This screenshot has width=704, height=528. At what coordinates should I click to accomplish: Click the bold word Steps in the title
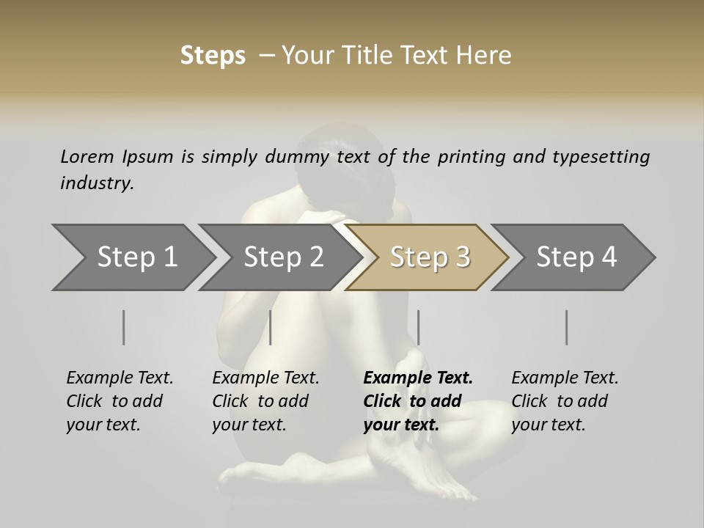click(x=213, y=56)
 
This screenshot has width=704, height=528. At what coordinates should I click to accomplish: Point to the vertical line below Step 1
click(x=124, y=327)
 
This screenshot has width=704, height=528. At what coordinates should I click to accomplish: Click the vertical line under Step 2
click(x=271, y=327)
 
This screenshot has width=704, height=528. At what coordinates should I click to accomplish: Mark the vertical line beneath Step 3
click(x=418, y=327)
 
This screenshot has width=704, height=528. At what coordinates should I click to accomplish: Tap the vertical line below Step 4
click(x=567, y=327)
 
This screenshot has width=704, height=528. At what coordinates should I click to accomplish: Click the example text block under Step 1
click(x=120, y=401)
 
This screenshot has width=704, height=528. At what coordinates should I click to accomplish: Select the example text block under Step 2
click(x=265, y=401)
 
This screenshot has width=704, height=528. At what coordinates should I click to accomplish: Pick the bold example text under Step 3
click(x=418, y=401)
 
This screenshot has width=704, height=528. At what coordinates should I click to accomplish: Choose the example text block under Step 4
click(x=565, y=401)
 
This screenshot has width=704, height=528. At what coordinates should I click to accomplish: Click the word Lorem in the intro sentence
click(x=87, y=157)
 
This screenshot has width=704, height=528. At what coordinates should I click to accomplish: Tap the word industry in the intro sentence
click(x=97, y=183)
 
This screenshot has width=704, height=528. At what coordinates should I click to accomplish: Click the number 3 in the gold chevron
click(x=462, y=257)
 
